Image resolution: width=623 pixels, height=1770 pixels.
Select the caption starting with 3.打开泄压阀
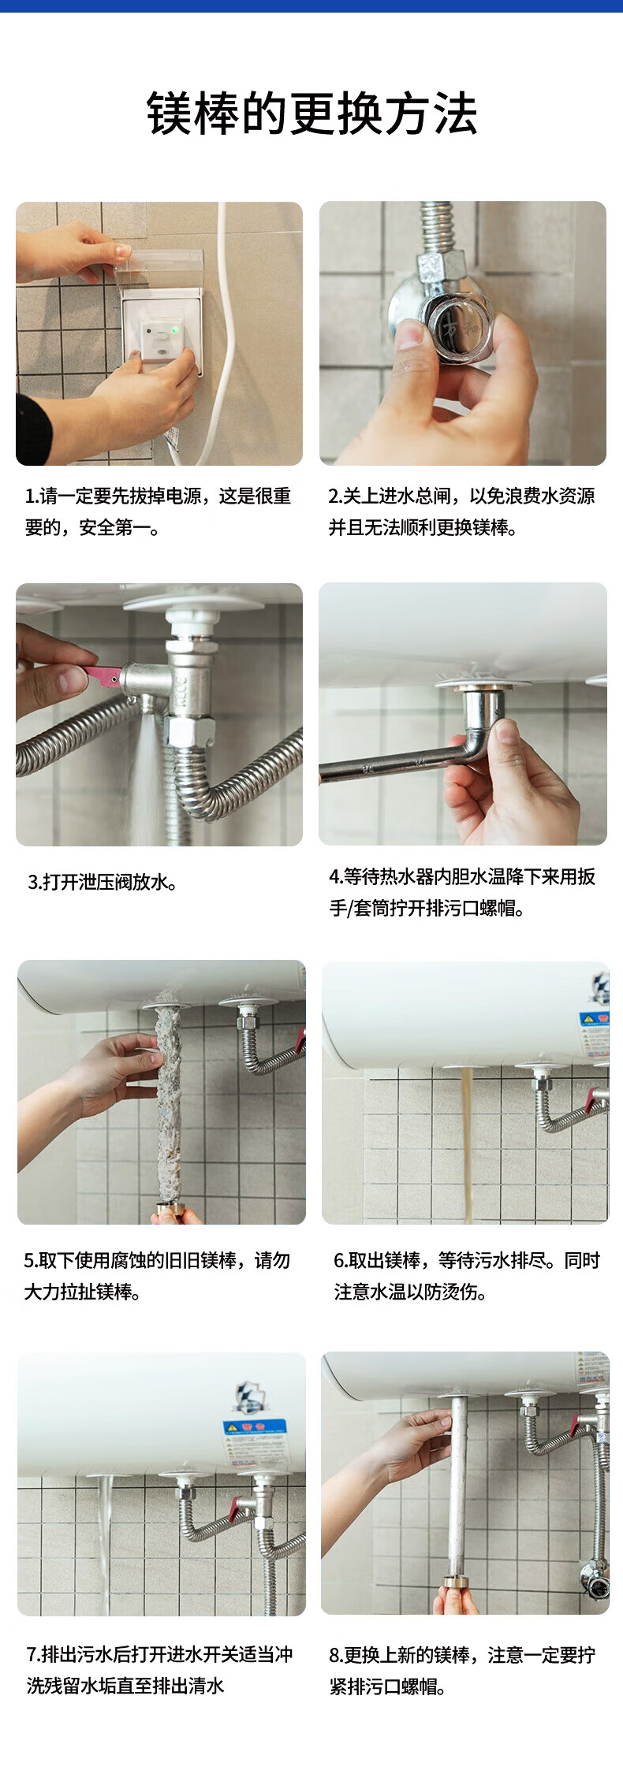coord(103,882)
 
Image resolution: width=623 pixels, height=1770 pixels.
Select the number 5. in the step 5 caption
coord(31,1260)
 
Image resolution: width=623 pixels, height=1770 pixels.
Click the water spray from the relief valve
coord(146,772)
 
